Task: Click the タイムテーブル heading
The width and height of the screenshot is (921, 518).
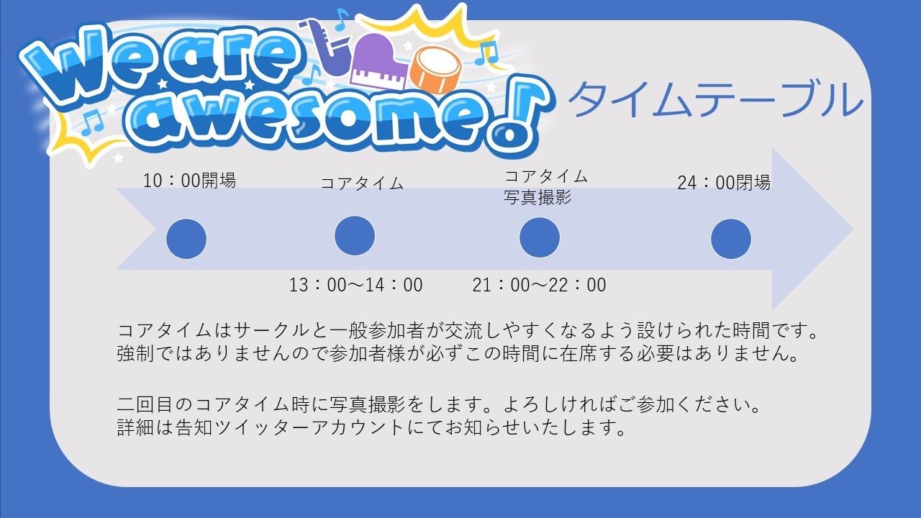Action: click(714, 99)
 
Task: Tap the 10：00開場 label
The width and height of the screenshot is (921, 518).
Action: click(189, 181)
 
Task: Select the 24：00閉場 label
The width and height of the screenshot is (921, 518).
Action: click(724, 183)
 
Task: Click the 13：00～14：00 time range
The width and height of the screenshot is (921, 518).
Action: click(356, 285)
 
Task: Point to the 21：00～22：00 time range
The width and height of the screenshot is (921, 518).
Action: click(539, 285)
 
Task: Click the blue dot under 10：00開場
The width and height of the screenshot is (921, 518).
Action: click(186, 239)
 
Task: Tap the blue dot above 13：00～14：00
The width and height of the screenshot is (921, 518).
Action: click(355, 236)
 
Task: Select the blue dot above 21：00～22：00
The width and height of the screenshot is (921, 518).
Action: click(540, 237)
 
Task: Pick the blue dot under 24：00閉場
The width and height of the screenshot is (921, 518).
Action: click(731, 239)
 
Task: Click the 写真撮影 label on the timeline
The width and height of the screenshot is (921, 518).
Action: click(537, 198)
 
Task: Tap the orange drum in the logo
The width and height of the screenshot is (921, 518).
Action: click(437, 69)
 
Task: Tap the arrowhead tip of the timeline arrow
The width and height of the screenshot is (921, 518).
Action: click(853, 229)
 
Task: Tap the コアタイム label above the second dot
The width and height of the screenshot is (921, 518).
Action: click(362, 183)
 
